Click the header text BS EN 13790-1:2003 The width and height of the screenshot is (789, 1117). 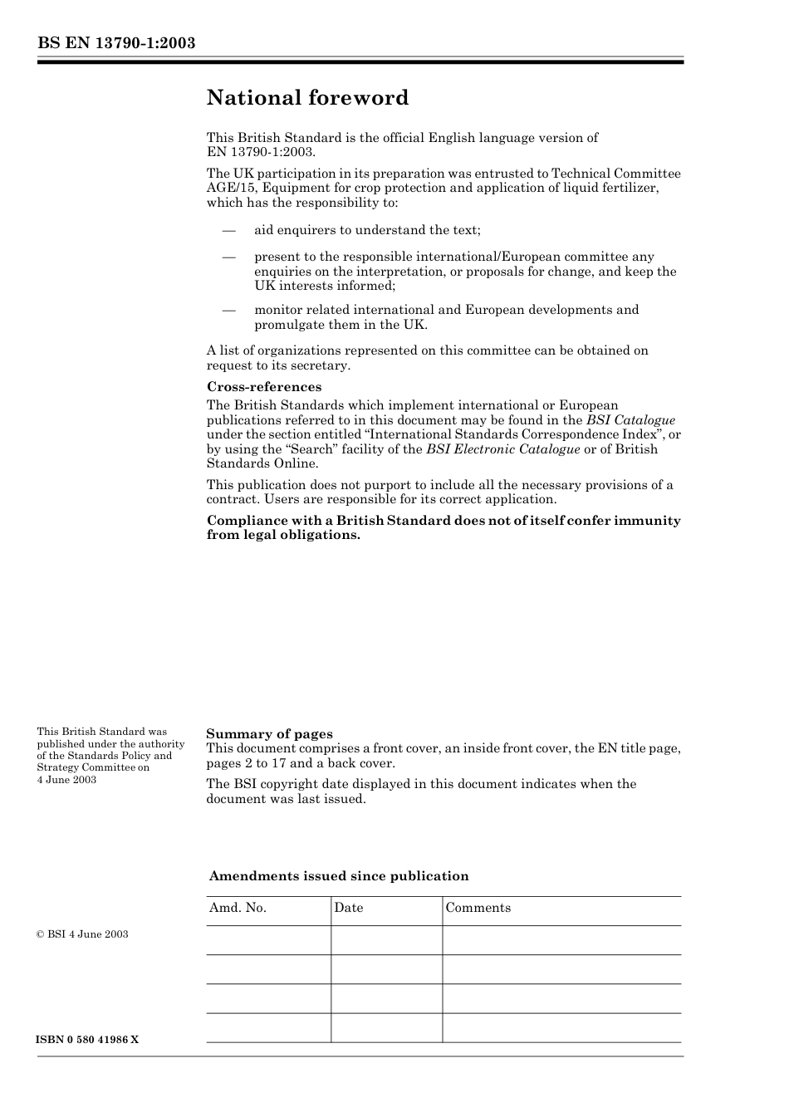(x=115, y=43)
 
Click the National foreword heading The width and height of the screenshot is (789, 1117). (x=307, y=98)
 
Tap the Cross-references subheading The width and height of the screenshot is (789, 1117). (x=263, y=387)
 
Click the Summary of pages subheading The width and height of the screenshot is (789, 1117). (x=269, y=734)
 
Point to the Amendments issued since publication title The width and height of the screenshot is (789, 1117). (x=339, y=876)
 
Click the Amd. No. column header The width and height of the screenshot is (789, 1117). (x=238, y=908)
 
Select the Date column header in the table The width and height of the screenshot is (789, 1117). (x=348, y=908)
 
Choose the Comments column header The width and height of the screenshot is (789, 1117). (x=478, y=908)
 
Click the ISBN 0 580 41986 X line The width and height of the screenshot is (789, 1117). (x=87, y=1040)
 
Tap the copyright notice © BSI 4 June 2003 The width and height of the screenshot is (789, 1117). (x=82, y=934)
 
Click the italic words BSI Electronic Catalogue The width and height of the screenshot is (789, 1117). (x=502, y=449)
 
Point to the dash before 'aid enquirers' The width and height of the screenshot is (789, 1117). (x=228, y=231)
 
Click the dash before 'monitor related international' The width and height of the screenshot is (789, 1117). (x=228, y=311)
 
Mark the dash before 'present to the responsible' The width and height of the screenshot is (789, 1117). (x=228, y=257)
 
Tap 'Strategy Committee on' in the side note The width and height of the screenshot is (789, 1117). (x=93, y=767)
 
